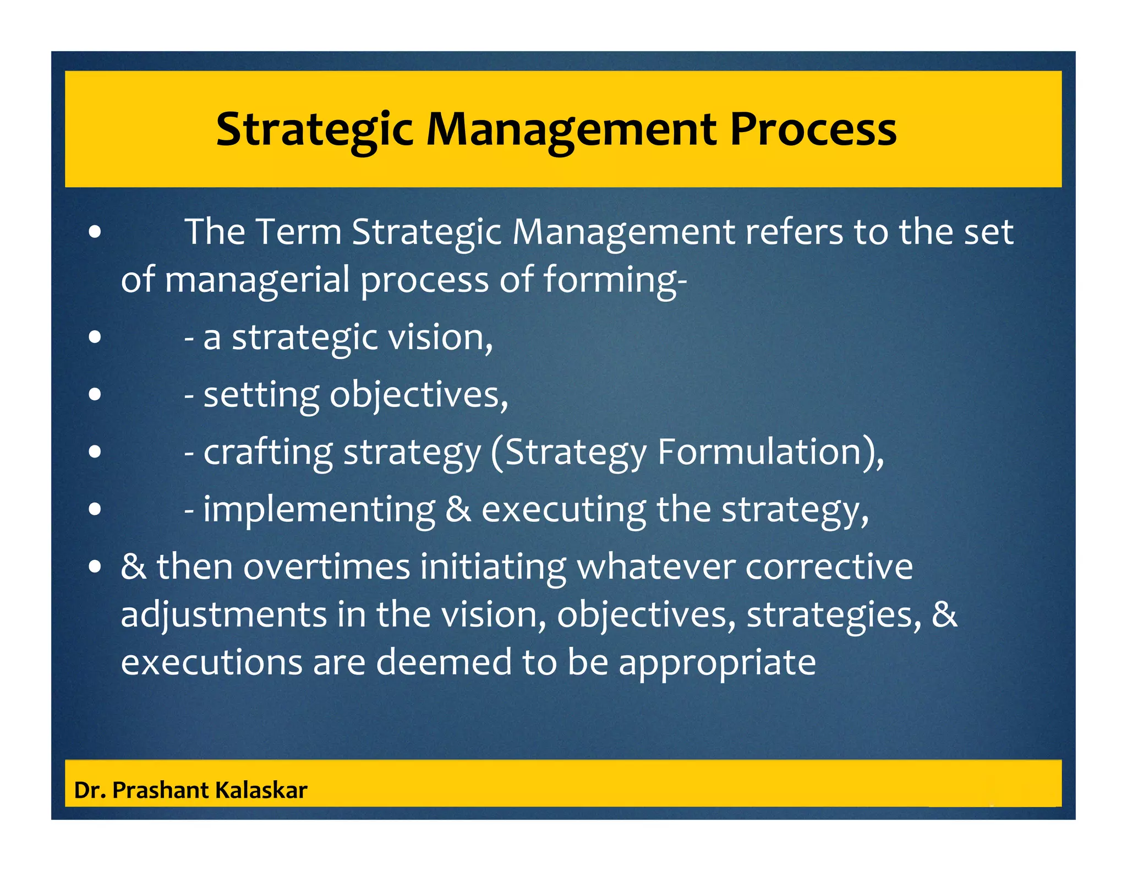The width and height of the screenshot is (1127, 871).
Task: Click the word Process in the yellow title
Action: click(813, 130)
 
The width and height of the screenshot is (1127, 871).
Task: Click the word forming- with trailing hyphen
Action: click(615, 280)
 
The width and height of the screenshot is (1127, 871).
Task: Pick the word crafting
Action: click(268, 452)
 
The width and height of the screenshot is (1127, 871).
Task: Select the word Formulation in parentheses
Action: click(759, 452)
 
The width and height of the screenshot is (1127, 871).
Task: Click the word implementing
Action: click(319, 509)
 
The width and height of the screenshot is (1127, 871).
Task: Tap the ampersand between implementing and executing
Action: click(458, 509)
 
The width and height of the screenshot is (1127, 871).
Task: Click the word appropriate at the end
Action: click(717, 663)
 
